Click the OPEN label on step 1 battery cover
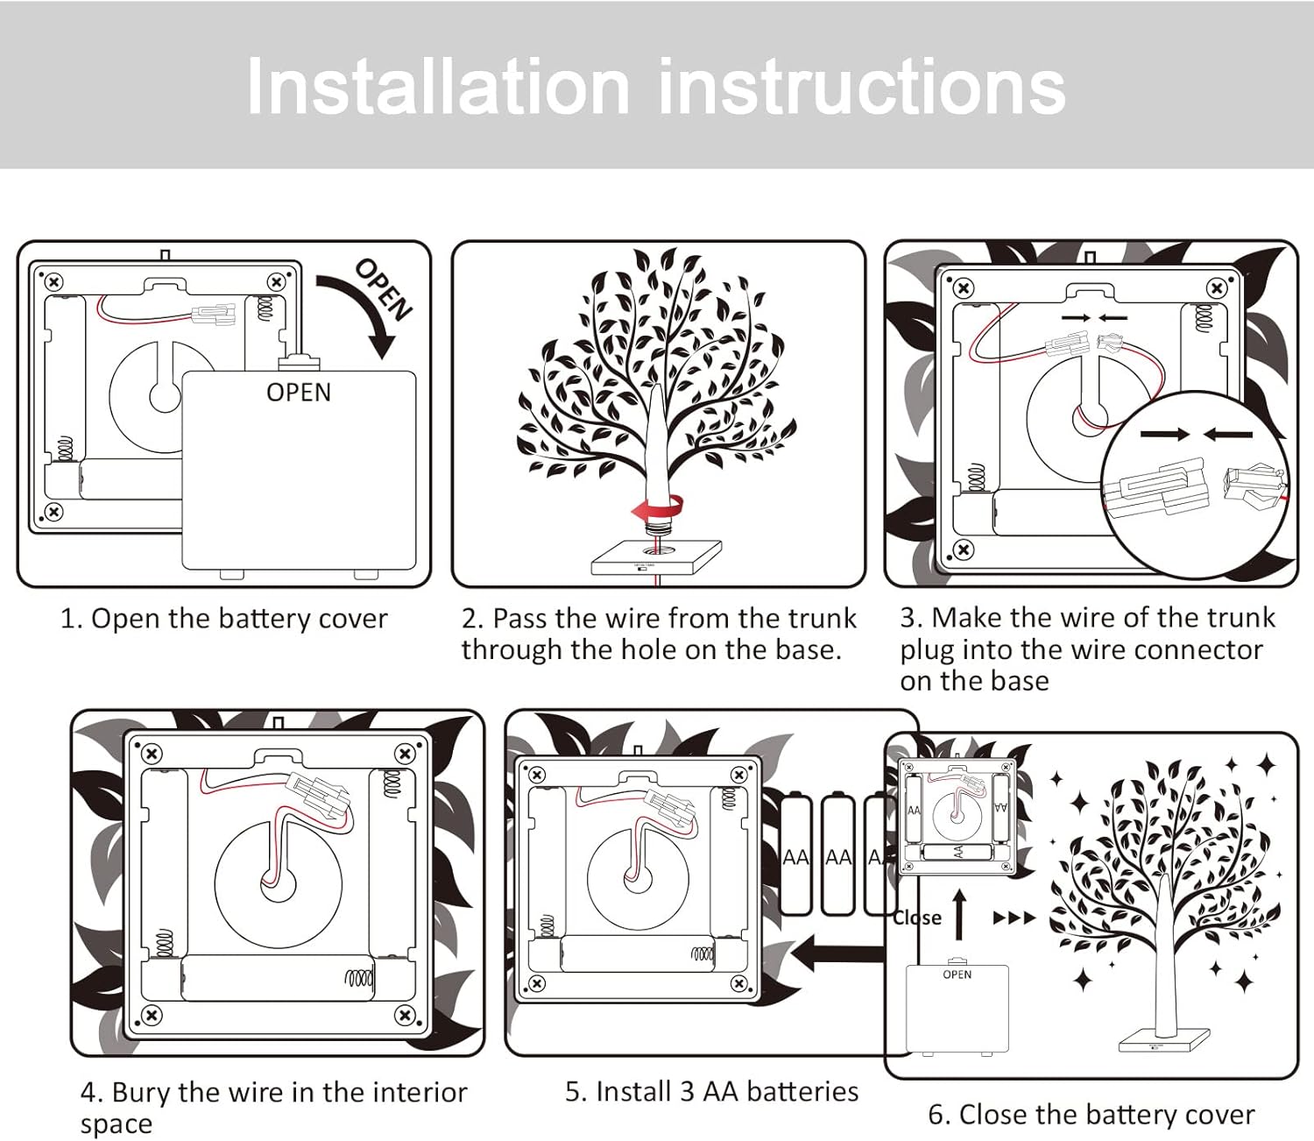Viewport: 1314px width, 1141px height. tap(299, 393)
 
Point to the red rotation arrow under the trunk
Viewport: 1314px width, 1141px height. tap(656, 508)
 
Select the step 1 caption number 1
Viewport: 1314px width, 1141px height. tap(69, 619)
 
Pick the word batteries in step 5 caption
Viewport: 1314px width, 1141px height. tap(803, 1092)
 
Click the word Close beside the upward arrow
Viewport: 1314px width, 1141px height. tap(917, 918)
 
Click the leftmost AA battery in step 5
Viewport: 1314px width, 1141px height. tap(795, 855)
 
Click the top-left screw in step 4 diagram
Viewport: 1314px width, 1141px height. tap(152, 754)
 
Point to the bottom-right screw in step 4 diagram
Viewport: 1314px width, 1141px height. tap(405, 1015)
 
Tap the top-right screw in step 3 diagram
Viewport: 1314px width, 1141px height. tap(1217, 287)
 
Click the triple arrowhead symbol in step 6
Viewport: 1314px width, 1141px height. tap(1014, 918)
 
